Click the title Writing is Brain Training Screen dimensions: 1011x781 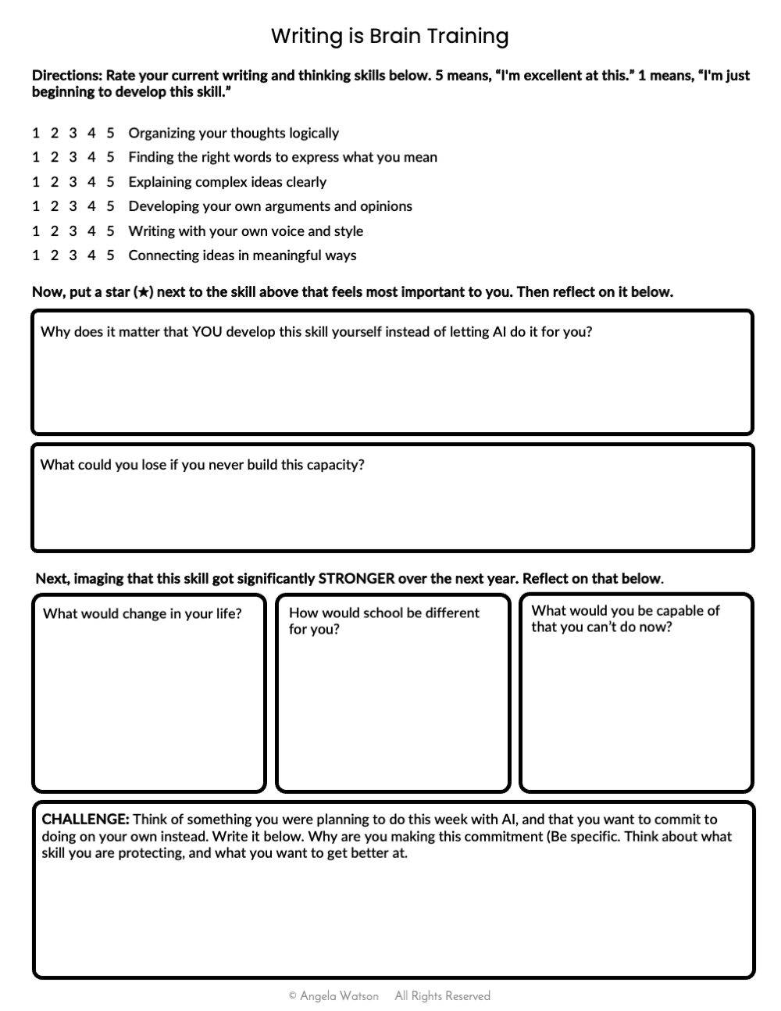click(390, 36)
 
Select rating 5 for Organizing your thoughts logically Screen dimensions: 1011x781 click(110, 133)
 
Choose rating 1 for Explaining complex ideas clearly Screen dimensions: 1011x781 click(36, 182)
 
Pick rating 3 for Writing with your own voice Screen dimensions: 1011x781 click(73, 231)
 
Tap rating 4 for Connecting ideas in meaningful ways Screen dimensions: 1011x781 click(91, 255)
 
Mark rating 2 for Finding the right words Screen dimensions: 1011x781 click(55, 157)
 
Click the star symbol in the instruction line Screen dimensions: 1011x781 click(143, 292)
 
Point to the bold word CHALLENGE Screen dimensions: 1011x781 click(85, 820)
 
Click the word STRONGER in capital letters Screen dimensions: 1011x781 click(357, 579)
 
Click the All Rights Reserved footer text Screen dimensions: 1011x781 click(442, 996)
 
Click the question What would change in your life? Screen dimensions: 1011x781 click(142, 613)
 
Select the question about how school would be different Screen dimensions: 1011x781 click(383, 620)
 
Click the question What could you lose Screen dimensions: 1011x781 click(202, 465)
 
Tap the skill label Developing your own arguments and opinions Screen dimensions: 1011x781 click(270, 206)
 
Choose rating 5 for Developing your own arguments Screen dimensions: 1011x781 click(110, 206)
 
